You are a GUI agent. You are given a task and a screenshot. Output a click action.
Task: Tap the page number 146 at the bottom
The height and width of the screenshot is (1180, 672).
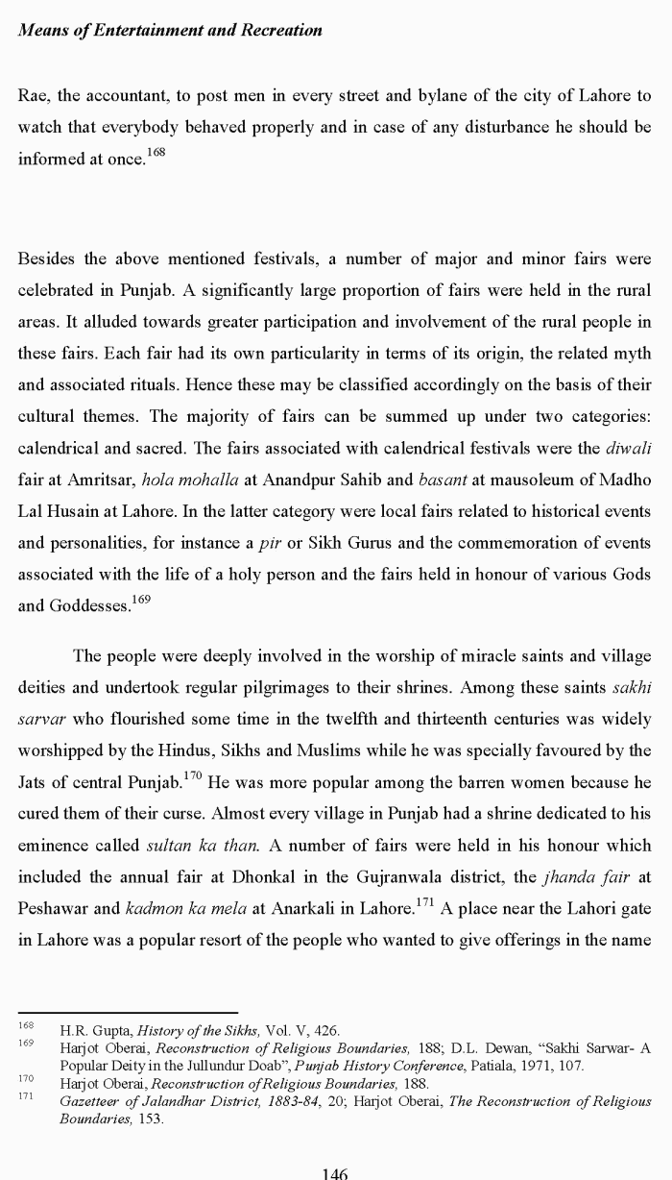pyautogui.click(x=335, y=1172)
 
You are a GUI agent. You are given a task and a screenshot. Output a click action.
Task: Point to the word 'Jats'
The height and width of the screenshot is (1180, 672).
pyautogui.click(x=34, y=781)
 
